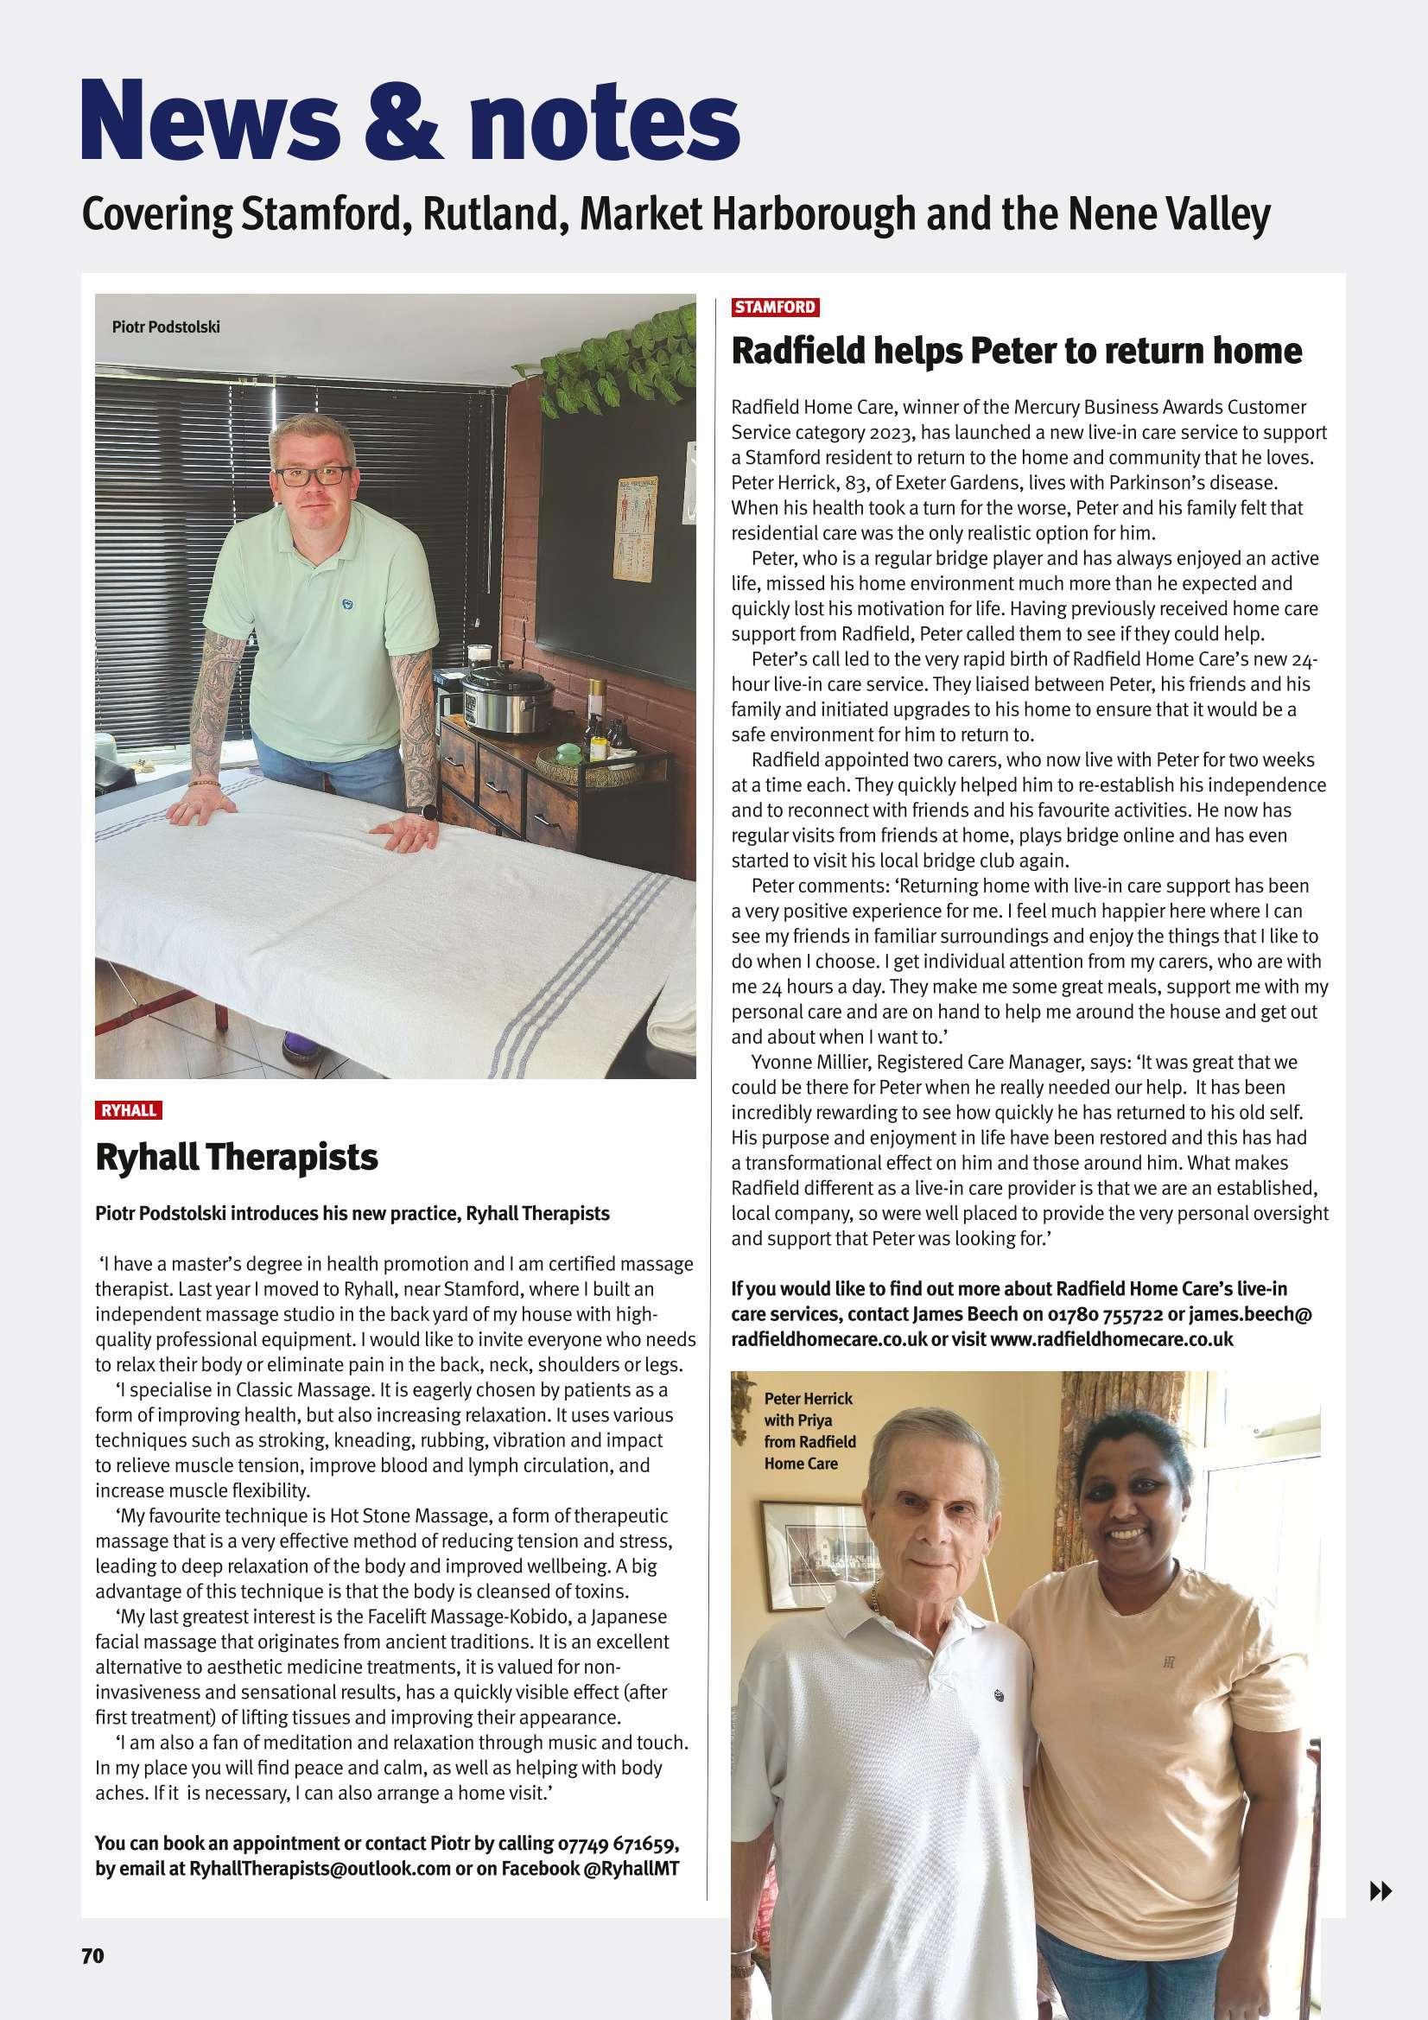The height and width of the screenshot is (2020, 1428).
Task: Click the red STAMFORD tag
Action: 775,307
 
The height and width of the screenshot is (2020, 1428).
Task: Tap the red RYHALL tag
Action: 129,1109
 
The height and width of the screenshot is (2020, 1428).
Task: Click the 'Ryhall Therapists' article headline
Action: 236,1157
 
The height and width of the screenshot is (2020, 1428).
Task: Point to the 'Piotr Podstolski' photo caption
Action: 165,327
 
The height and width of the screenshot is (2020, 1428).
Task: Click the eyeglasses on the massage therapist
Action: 313,476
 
